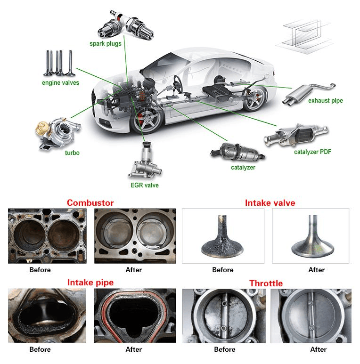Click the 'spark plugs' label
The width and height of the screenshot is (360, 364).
coord(106,44)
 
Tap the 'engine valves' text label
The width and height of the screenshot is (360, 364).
coord(60,83)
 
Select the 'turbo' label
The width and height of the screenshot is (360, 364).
coord(72,153)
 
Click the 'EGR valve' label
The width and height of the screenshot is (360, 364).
coord(145,185)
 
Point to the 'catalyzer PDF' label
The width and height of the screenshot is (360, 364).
coord(312,152)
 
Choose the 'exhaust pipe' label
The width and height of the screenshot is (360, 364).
coord(326,100)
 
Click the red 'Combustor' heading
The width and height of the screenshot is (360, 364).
coord(90,203)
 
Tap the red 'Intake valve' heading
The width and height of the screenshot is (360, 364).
coord(270,203)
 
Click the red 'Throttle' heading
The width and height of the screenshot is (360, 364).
coord(266,283)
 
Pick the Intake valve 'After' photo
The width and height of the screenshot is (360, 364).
coord(311,236)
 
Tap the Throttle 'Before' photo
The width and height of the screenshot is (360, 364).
coord(224,315)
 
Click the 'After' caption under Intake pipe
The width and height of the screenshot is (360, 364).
coord(134,349)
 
